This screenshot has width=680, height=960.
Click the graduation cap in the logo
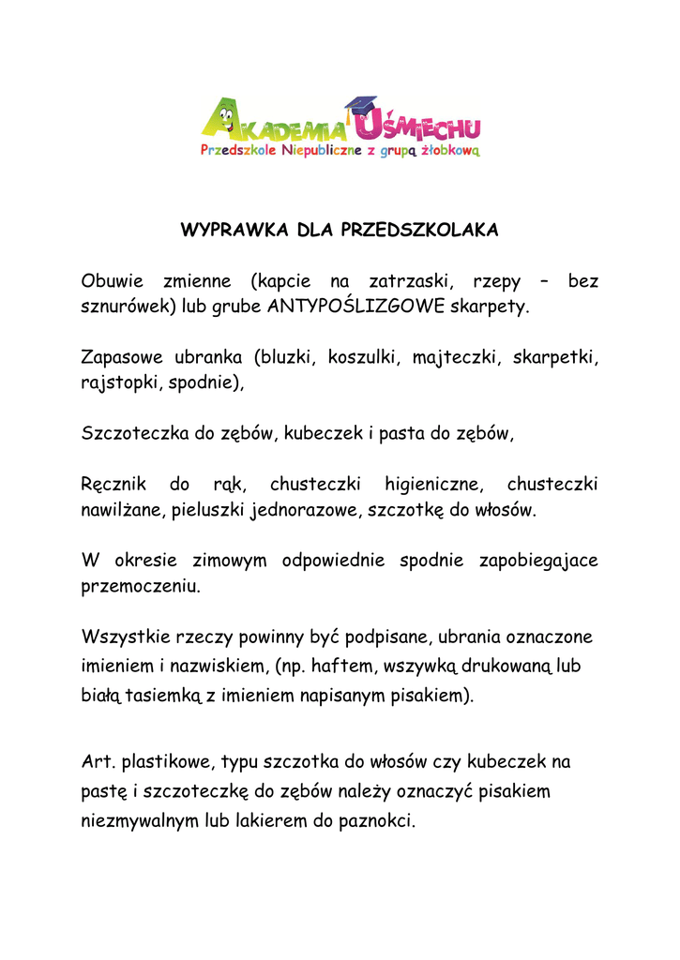[x=359, y=106]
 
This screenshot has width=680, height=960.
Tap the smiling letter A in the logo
[x=217, y=119]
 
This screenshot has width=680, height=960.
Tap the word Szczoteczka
[x=134, y=433]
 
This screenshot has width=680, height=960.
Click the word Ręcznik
[x=112, y=485]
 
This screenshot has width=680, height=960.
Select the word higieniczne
[x=433, y=485]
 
